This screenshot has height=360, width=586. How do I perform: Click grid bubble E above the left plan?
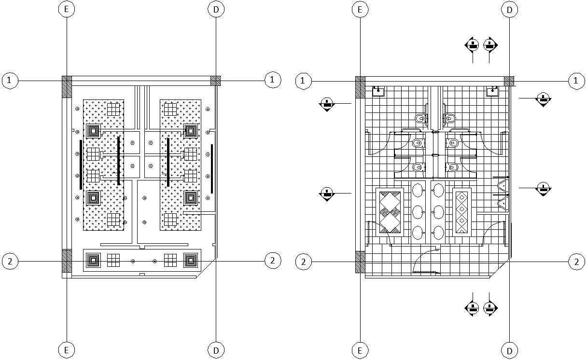(x=66, y=9)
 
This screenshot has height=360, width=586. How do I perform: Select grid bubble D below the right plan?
(x=509, y=349)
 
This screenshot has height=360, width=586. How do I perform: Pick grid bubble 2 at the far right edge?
(x=576, y=262)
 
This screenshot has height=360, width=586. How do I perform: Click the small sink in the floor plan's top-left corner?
(x=378, y=91)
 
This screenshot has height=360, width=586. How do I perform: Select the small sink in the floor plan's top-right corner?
(x=492, y=91)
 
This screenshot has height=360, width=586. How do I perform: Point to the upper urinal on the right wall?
(x=502, y=185)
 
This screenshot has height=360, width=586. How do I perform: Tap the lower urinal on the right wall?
(x=502, y=203)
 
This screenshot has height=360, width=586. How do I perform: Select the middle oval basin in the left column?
(x=418, y=211)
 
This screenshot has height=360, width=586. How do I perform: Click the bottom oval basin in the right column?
(x=438, y=233)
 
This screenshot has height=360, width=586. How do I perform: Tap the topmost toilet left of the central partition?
(x=420, y=118)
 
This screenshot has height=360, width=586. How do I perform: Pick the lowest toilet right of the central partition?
(x=452, y=167)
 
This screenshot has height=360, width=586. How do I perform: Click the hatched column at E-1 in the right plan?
(x=360, y=87)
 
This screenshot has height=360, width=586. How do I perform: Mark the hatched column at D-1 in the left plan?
(x=215, y=81)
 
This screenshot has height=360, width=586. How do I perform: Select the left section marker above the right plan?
(x=472, y=45)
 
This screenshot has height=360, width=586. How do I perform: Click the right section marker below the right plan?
(x=490, y=308)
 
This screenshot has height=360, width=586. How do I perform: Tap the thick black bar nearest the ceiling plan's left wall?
(x=81, y=165)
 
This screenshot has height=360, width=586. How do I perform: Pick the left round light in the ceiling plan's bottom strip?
(x=133, y=261)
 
